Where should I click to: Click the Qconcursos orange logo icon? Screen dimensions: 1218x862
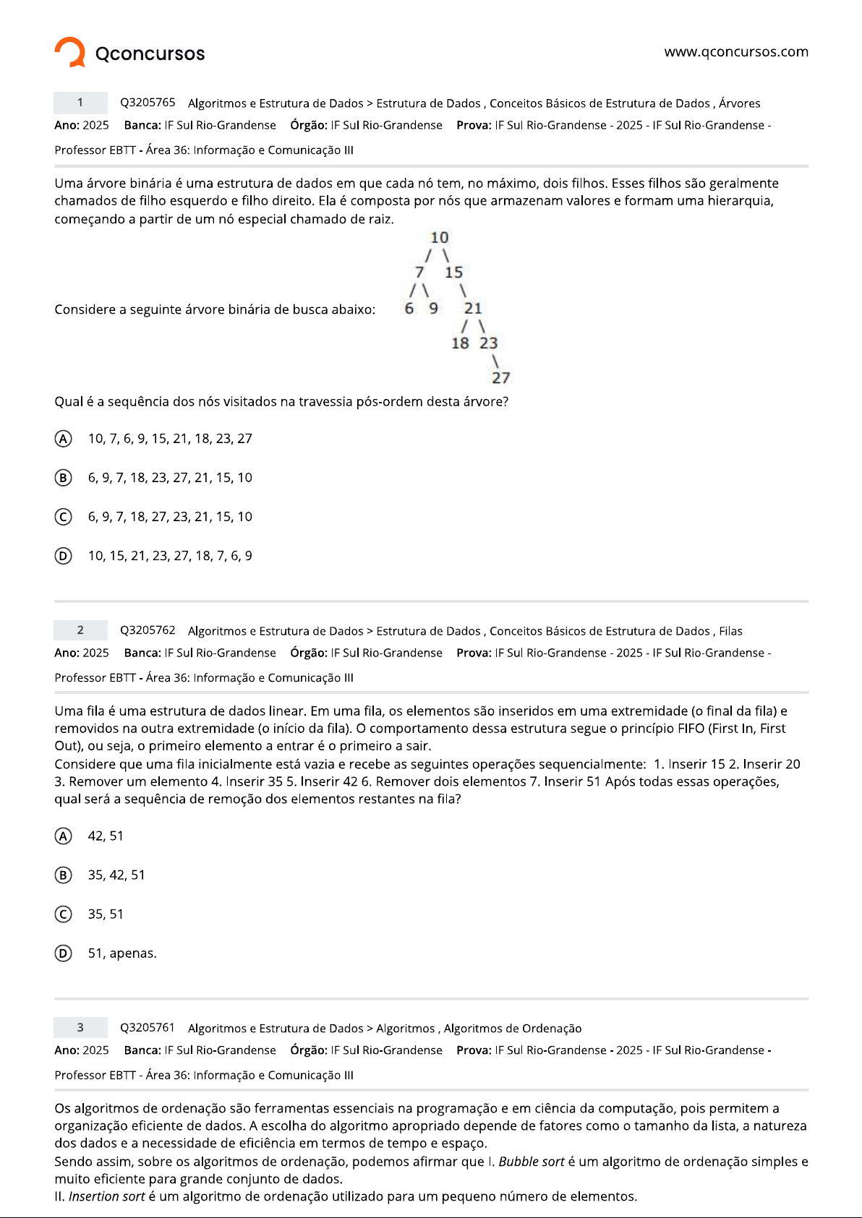click(70, 52)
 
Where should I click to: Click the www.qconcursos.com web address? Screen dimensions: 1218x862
click(736, 52)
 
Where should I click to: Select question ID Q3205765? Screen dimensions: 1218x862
click(148, 103)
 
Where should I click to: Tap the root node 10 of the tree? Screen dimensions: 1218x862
click(440, 238)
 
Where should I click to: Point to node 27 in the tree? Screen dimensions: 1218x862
click(501, 378)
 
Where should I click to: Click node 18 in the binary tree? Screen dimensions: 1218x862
click(460, 343)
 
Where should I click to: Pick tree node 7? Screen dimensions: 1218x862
click(419, 273)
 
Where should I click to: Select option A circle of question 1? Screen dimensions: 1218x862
click(64, 439)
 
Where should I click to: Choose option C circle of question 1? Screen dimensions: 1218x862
click(64, 517)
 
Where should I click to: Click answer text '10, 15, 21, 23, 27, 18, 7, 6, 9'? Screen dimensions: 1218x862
click(170, 556)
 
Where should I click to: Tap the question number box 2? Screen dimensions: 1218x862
click(80, 630)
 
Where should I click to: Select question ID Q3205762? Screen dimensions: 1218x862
click(148, 630)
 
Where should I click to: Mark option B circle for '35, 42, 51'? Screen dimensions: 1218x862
click(64, 875)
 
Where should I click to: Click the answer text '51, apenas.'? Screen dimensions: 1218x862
click(122, 953)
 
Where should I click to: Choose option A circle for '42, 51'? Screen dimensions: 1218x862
click(64, 836)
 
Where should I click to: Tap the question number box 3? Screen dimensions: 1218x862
click(80, 1028)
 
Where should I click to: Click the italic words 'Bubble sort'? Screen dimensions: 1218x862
click(532, 1162)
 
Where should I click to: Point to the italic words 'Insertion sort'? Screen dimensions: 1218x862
click(107, 1196)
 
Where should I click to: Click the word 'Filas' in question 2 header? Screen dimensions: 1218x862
click(730, 631)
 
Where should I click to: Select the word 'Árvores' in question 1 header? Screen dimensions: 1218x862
click(739, 103)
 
